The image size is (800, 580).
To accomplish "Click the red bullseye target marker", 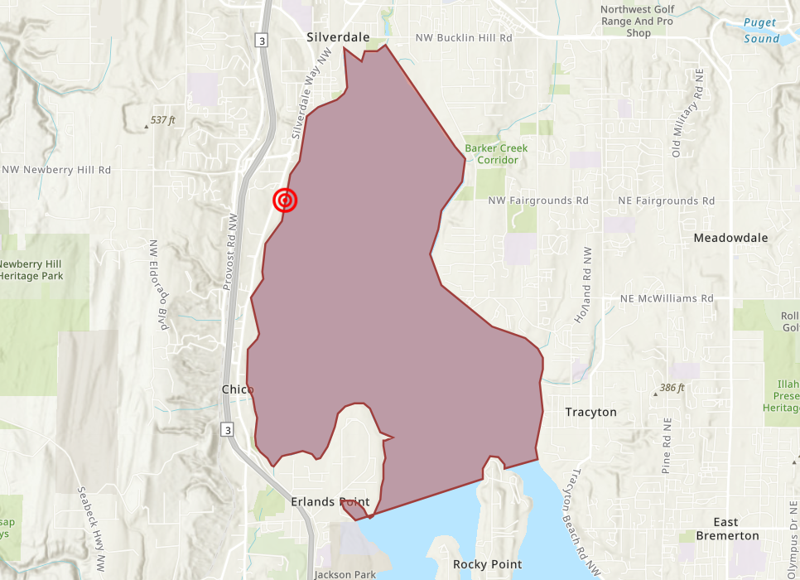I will (x=284, y=201).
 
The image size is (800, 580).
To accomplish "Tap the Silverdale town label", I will (x=338, y=37).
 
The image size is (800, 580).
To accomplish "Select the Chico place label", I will (x=238, y=389).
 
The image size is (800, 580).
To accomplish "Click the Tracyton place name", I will (x=590, y=412).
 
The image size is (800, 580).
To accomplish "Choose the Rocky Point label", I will (x=487, y=564).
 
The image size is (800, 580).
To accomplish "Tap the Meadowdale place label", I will (x=730, y=238).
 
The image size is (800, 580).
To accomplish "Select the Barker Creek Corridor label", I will (x=496, y=154).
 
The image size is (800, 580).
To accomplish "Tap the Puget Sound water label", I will (x=761, y=31).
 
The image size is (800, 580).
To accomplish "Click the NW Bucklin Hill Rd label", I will (x=464, y=38).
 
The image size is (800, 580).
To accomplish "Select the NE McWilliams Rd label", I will (x=667, y=298).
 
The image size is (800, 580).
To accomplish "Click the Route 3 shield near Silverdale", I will (x=263, y=40).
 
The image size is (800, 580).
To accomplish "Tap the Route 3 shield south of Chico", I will (x=226, y=428).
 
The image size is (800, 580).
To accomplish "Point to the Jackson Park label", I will (x=345, y=574).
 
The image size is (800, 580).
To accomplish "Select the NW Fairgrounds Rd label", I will (x=538, y=201).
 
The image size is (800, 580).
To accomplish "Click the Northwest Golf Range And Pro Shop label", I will (x=638, y=21).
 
